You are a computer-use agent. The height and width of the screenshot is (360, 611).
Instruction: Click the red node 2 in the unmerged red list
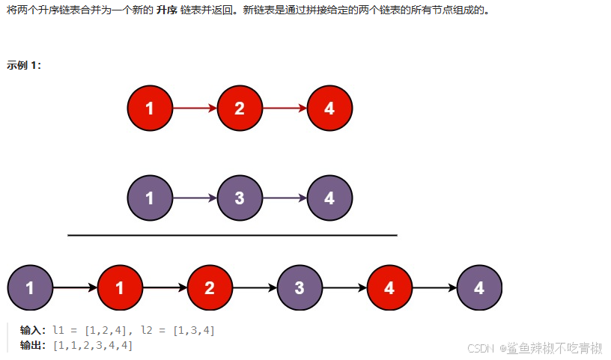[x=240, y=109]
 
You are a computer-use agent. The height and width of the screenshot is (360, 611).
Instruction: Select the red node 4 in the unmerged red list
[x=329, y=109]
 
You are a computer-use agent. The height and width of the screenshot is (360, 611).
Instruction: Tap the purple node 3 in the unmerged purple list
[x=240, y=198]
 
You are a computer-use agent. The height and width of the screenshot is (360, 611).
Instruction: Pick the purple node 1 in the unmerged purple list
[x=150, y=198]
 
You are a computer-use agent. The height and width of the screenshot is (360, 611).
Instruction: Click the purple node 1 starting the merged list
[x=30, y=287]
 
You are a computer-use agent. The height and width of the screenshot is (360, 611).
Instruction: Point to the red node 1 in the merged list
[x=120, y=287]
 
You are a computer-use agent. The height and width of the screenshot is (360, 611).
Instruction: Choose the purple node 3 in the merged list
[x=300, y=287]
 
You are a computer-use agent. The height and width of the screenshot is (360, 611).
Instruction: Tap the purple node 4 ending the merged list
[x=479, y=287]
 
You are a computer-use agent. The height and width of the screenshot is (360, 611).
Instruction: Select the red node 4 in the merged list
[x=389, y=287]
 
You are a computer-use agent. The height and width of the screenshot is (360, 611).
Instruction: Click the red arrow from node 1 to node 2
[x=195, y=109]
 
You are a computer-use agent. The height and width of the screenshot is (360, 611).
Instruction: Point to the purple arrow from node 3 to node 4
[x=285, y=198]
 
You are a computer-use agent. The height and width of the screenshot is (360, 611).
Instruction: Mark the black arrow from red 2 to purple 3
[x=255, y=287]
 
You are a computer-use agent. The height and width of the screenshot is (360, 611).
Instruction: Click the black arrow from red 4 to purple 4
[x=434, y=287]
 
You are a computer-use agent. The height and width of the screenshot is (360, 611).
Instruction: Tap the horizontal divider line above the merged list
[x=232, y=235]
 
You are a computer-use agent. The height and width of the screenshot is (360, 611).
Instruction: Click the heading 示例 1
[x=24, y=65]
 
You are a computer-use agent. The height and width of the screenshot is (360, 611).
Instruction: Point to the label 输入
[x=33, y=330]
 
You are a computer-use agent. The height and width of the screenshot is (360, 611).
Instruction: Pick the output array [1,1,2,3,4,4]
[x=93, y=345]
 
